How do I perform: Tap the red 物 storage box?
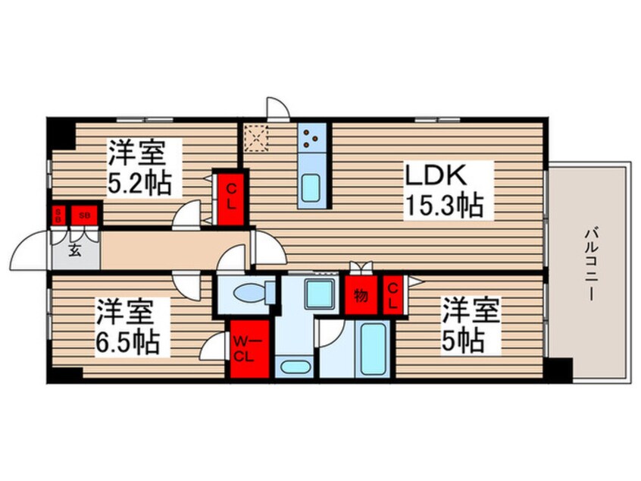tap(361, 294)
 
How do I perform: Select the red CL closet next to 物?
tap(393, 294)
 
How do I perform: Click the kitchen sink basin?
tap(311, 187)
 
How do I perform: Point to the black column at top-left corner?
tap(61, 132)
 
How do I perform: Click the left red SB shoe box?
tap(57, 215)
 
